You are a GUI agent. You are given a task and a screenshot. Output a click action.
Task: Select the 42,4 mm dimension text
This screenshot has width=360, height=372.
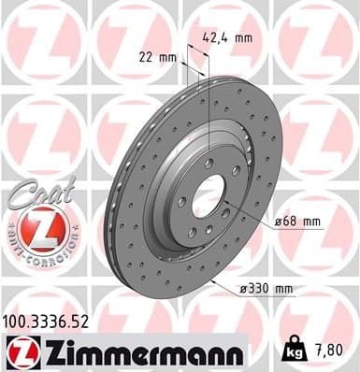coord(228,39)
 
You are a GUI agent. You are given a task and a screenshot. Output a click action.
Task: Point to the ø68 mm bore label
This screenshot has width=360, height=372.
coord(298,222)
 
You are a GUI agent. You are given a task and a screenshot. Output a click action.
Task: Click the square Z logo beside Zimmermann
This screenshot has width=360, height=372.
coord(19,353)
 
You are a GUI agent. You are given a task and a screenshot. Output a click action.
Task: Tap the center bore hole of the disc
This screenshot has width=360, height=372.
coord(209,194)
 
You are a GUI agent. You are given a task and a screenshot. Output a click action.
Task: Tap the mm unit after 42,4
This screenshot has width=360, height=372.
coord(243,39)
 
